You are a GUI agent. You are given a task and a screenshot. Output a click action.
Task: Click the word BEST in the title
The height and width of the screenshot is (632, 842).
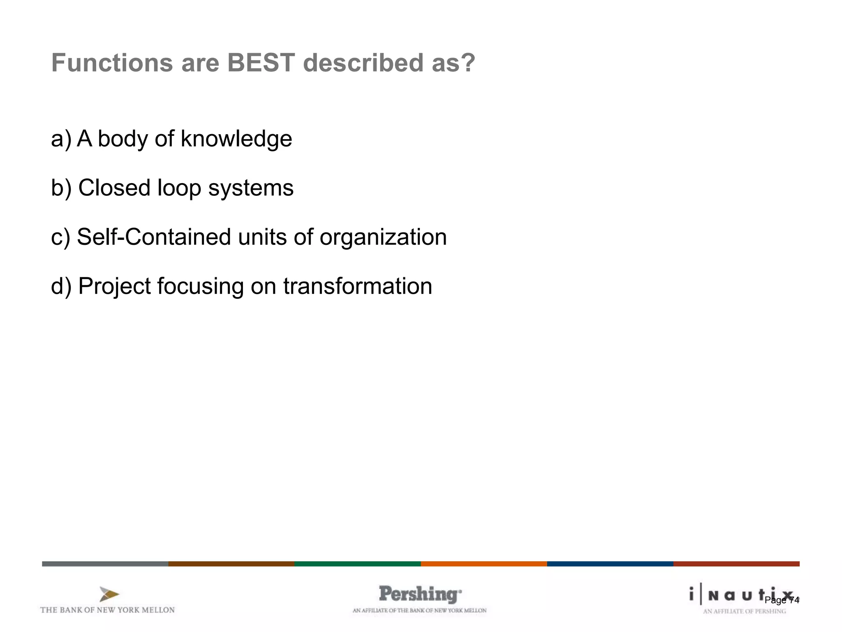[261, 63]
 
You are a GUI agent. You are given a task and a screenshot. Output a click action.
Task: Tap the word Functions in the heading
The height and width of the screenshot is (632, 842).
[112, 63]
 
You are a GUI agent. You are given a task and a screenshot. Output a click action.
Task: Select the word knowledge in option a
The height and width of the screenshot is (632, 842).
[236, 139]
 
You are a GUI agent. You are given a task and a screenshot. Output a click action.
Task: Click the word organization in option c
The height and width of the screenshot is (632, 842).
[383, 237]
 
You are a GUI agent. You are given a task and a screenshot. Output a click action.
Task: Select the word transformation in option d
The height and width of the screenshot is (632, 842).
[358, 286]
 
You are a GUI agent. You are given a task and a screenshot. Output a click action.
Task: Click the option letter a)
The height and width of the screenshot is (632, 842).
[61, 139]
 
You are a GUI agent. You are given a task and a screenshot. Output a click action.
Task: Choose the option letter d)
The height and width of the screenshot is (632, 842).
[61, 286]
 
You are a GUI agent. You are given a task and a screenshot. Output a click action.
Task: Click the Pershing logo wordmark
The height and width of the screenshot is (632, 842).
[420, 594]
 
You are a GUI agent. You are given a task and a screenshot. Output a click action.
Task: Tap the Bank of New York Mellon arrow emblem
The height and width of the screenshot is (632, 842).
[109, 595]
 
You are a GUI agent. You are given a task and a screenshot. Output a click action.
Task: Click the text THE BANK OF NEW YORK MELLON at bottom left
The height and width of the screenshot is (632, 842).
[107, 610]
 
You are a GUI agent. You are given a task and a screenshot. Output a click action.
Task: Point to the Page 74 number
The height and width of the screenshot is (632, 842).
[782, 600]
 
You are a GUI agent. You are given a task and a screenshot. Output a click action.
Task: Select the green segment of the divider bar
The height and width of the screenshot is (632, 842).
[357, 564]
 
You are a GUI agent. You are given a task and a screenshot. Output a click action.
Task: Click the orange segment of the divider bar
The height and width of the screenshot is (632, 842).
[483, 564]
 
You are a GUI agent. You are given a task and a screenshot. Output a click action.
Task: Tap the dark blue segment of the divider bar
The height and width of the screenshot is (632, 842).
[610, 564]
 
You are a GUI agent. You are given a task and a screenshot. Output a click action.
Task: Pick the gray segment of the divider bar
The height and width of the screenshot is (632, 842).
[105, 564]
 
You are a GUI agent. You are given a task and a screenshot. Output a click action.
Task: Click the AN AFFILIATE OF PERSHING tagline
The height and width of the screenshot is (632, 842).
[744, 611]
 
